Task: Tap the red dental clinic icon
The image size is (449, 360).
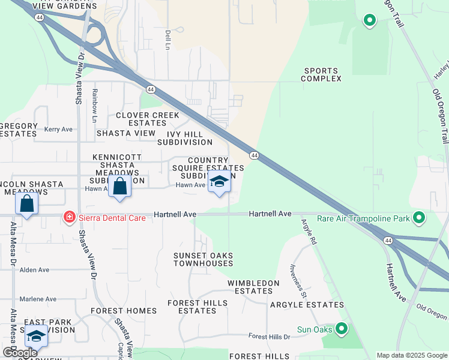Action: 70,217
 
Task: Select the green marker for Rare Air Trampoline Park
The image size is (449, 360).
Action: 420,218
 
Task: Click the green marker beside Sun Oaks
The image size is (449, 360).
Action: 342,328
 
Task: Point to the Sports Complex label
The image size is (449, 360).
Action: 321,74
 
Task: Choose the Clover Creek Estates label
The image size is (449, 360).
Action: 147,119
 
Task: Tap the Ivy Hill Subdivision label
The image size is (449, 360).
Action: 185,138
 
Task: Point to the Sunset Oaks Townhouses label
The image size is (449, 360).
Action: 203,260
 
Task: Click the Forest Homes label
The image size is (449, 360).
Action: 124,311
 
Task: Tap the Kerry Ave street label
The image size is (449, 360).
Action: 58,129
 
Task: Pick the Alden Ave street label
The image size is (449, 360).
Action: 35,270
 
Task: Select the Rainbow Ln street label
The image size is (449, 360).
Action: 94,101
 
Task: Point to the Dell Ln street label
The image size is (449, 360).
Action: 168,40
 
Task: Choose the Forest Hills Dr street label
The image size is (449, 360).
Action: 269,337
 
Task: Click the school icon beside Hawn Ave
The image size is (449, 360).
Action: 218,182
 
